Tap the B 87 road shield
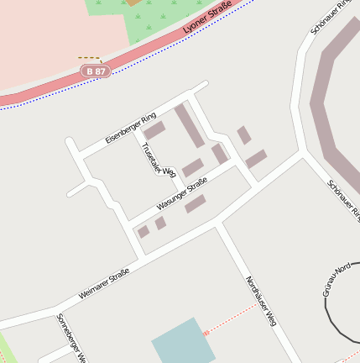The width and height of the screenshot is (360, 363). (x=97, y=72)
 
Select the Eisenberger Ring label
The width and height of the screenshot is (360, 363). (x=131, y=127)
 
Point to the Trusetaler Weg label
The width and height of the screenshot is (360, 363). (x=158, y=160)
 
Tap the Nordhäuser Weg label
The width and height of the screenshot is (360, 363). (x=261, y=300)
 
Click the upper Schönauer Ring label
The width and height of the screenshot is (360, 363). (x=330, y=17)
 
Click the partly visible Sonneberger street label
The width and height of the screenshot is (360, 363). (x=70, y=338)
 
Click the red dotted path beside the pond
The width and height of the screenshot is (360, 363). (x=231, y=318)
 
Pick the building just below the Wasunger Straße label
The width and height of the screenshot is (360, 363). (x=196, y=203)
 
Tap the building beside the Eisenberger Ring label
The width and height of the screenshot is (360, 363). (x=154, y=131)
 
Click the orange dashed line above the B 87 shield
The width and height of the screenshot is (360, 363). (x=89, y=58)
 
